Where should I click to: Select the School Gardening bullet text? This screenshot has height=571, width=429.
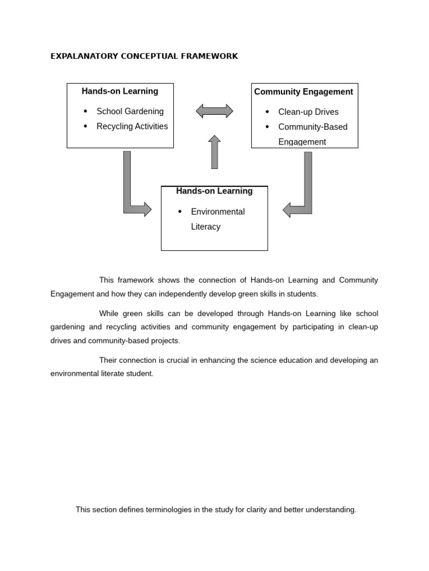pos(130,112)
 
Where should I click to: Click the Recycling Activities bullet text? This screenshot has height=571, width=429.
pos(132,127)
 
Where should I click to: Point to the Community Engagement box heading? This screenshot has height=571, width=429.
pos(303,92)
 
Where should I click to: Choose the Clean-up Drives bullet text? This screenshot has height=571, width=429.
pos(308,112)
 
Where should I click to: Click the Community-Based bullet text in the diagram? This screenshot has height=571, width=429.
pos(312,127)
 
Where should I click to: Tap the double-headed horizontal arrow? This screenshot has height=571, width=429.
pos(214,111)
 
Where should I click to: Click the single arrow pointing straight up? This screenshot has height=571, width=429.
pos(214,152)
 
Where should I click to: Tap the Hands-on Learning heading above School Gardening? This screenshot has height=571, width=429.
pos(120,91)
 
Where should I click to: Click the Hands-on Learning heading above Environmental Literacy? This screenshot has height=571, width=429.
pos(214,191)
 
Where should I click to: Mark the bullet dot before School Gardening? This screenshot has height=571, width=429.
pos(85,112)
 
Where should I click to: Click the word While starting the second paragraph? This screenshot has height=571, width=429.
pos(110,313)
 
